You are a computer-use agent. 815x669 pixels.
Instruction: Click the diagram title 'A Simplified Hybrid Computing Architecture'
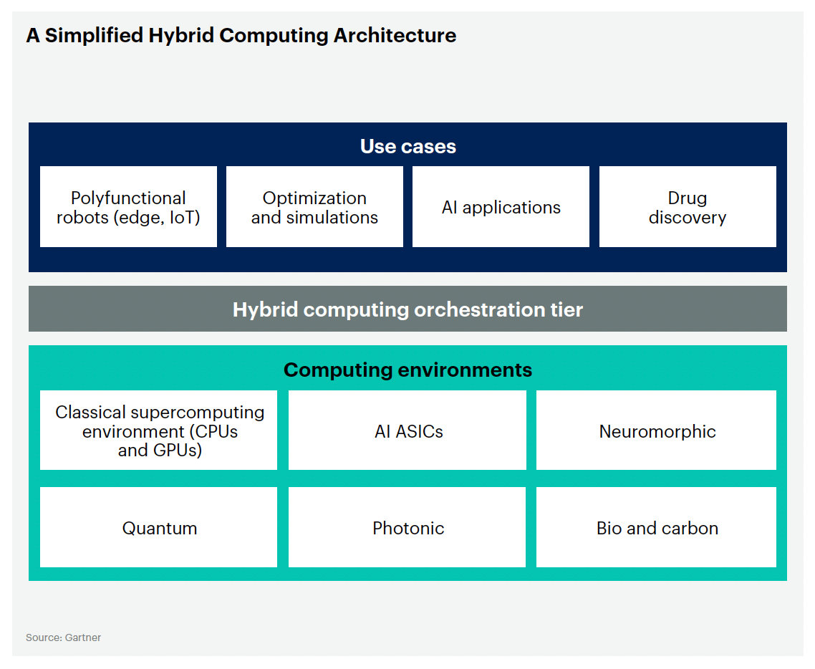pyautogui.click(x=241, y=35)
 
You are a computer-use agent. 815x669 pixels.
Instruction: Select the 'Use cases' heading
pyautogui.click(x=408, y=147)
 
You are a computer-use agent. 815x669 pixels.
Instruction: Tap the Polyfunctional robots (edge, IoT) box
pyautogui.click(x=128, y=207)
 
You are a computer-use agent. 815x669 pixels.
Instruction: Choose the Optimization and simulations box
pyautogui.click(x=314, y=207)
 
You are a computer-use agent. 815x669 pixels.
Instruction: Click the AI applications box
pyautogui.click(x=501, y=207)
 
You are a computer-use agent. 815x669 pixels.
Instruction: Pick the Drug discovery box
pyautogui.click(x=688, y=207)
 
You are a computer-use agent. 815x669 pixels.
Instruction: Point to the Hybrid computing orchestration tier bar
pyautogui.click(x=407, y=309)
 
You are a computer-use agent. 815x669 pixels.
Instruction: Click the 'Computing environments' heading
pyautogui.click(x=408, y=370)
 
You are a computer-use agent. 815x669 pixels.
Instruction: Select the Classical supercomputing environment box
pyautogui.click(x=158, y=430)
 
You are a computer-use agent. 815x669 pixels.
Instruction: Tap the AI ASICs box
pyautogui.click(x=407, y=430)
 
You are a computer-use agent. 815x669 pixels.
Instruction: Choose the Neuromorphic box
pyautogui.click(x=657, y=430)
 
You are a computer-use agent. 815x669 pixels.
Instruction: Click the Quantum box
pyautogui.click(x=158, y=527)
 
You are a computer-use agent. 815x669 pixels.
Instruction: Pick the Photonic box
pyautogui.click(x=407, y=527)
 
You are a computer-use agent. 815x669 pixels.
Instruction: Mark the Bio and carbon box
pyautogui.click(x=657, y=527)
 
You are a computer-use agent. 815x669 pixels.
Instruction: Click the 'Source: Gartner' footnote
pyautogui.click(x=64, y=637)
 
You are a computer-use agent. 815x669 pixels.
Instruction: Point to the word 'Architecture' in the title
pyautogui.click(x=395, y=35)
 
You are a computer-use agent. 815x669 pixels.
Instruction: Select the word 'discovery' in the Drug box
pyautogui.click(x=688, y=218)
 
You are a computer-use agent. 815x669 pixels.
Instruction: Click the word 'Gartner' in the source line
pyautogui.click(x=83, y=637)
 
